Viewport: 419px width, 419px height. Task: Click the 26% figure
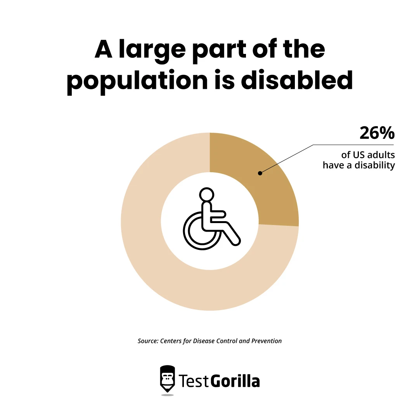[377, 133]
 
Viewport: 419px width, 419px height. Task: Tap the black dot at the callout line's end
[260, 173]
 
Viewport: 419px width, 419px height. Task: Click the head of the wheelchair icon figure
[206, 194]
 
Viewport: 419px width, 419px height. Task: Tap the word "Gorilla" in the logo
[235, 381]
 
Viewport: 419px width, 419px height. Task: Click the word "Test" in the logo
[194, 381]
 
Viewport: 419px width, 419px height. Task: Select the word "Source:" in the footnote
[147, 341]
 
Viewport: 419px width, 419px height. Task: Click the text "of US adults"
[368, 155]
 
